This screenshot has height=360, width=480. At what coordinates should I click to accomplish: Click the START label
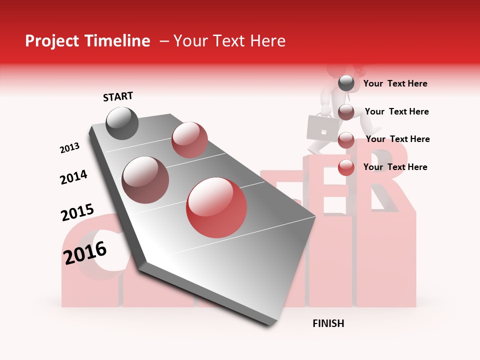[x=118, y=96]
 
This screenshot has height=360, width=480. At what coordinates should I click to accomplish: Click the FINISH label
[x=328, y=323]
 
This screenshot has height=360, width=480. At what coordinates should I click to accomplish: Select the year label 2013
[x=70, y=148]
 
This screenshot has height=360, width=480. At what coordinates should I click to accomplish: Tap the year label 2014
[x=74, y=177]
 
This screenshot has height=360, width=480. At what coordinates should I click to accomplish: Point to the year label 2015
[x=77, y=213]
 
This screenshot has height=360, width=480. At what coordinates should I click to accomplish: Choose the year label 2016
[x=85, y=252]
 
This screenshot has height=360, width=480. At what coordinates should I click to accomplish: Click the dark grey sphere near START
[x=122, y=123]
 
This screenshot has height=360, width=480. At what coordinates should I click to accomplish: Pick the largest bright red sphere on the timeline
[x=216, y=207]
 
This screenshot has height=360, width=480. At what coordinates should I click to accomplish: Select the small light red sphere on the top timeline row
[x=189, y=140]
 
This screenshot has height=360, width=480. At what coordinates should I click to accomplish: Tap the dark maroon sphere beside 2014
[x=145, y=180]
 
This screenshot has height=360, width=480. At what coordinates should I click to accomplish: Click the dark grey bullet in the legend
[x=346, y=83]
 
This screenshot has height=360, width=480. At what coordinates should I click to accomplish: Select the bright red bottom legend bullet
[x=346, y=167]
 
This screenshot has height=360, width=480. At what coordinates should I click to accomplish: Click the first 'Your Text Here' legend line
[x=395, y=84]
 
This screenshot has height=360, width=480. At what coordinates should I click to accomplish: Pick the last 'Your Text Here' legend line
[x=395, y=167]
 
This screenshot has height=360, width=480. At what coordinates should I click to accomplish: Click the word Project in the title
[x=51, y=41]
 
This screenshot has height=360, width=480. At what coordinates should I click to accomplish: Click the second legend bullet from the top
[x=346, y=112]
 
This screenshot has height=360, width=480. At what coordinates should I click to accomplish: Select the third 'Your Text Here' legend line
[x=398, y=139]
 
